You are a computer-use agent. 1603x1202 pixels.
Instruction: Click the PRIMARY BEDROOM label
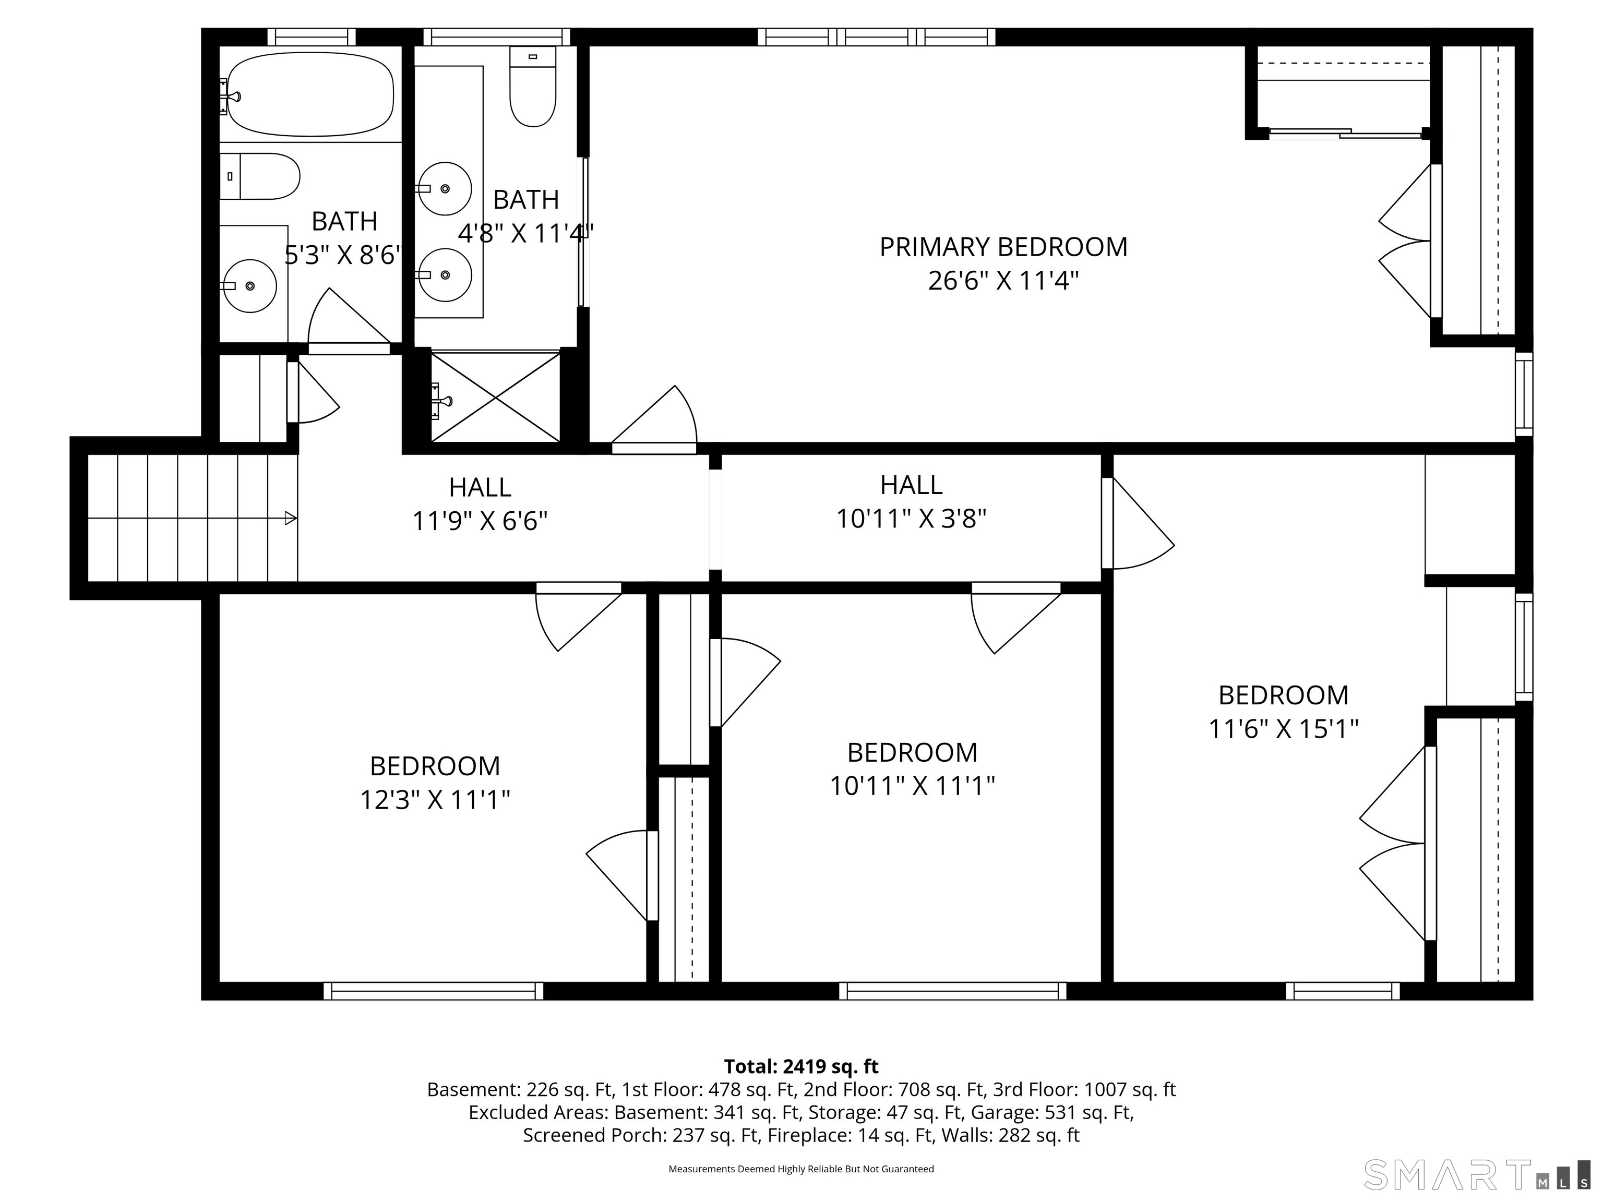tap(1003, 247)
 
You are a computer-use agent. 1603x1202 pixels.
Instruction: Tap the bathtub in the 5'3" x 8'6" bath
tap(310, 94)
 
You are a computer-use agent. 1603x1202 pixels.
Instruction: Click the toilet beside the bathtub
tap(259, 176)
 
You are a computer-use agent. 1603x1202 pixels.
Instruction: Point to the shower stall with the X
tap(496, 396)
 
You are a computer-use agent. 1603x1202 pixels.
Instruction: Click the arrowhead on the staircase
tap(291, 518)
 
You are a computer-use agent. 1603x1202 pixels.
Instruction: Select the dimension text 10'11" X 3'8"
tap(912, 519)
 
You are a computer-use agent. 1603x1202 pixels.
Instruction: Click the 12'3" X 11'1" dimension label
tap(435, 800)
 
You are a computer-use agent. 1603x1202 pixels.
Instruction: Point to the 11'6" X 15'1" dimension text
tap(1283, 729)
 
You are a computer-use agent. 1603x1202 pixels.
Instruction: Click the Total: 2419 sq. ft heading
tap(801, 1066)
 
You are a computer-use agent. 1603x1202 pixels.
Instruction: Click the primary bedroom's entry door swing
tap(654, 417)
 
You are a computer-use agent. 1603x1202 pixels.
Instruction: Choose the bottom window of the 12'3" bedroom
tap(433, 991)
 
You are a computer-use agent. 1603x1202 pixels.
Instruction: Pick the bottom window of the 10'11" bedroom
tap(953, 991)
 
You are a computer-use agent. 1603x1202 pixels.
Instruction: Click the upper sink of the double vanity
tap(446, 188)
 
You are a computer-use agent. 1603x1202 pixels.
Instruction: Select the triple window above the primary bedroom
tap(877, 37)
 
